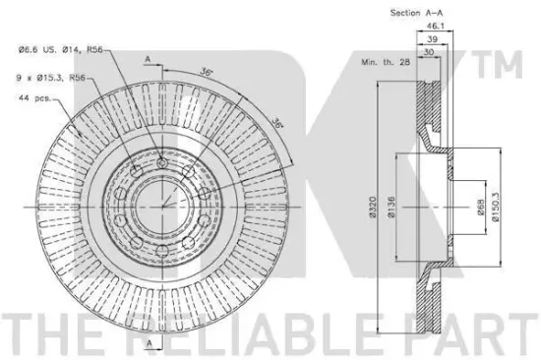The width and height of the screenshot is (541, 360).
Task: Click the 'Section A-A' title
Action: coord(416,13)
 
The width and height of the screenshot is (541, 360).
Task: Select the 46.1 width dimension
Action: coord(435,26)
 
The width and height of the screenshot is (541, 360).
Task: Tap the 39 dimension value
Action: coord(432,39)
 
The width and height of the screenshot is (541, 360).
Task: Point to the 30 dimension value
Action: coord(428,52)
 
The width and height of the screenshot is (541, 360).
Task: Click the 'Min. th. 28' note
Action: coord(386,62)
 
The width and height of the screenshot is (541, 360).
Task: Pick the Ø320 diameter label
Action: coord(372,208)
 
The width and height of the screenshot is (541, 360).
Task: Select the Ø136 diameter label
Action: coord(391,208)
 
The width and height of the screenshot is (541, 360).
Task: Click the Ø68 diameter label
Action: coord(481,208)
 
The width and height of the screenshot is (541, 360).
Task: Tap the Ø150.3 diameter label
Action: coord(496,208)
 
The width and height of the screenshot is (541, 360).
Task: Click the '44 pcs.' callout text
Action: coord(34,98)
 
